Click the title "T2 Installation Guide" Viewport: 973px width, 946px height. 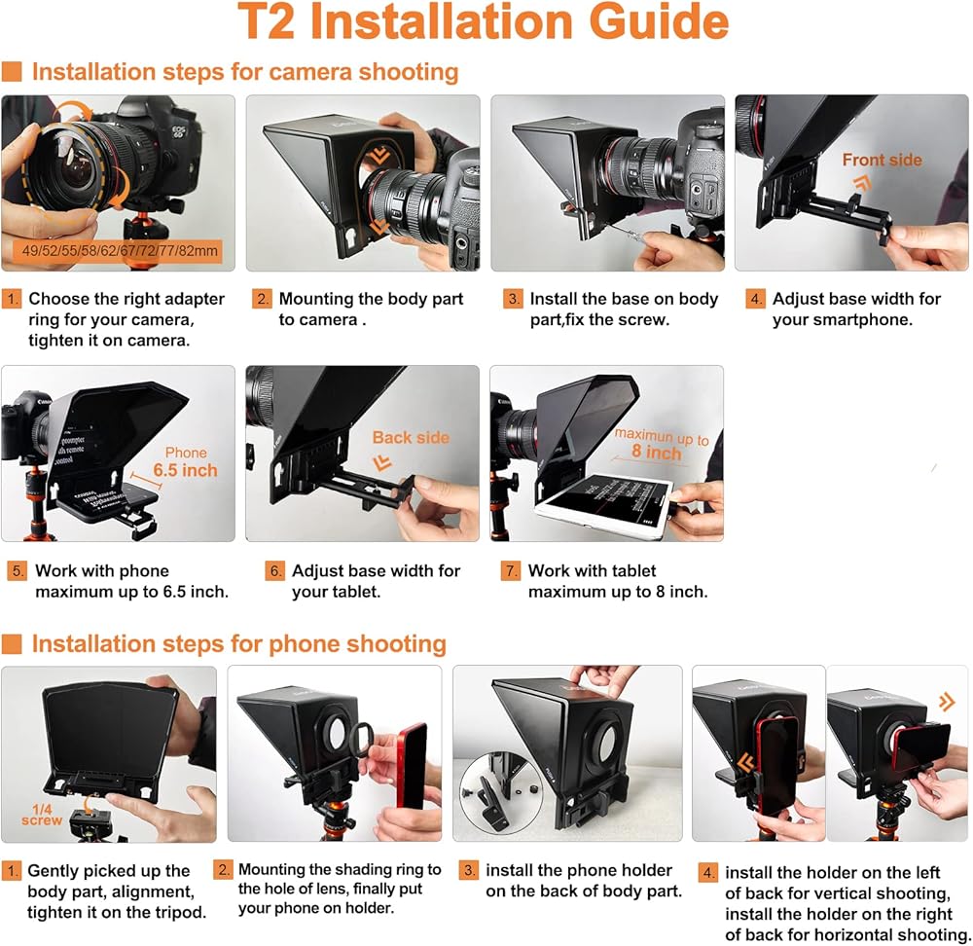click(x=483, y=22)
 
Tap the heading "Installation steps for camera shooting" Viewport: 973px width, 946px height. click(x=245, y=72)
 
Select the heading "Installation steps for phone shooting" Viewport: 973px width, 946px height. click(x=239, y=643)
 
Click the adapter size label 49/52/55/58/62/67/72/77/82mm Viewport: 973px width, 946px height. click(x=120, y=251)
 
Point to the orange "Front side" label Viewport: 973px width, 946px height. click(x=882, y=161)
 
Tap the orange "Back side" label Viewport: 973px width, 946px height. click(x=411, y=438)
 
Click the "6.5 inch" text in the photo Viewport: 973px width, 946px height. click(x=186, y=470)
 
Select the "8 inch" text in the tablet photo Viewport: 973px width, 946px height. click(x=657, y=452)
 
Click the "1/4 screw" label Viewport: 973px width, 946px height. click(x=42, y=815)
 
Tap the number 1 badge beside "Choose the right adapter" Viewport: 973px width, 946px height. click(x=12, y=299)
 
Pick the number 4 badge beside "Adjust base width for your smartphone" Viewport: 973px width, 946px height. click(x=755, y=299)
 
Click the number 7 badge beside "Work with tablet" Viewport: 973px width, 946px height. click(x=510, y=570)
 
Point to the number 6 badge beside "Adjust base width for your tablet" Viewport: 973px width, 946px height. click(x=274, y=570)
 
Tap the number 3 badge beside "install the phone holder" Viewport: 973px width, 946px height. click(x=469, y=870)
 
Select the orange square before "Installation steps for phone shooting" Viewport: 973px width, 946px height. click(x=12, y=643)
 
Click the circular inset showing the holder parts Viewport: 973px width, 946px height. click(x=501, y=792)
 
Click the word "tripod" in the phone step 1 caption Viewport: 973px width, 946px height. click(x=179, y=913)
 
